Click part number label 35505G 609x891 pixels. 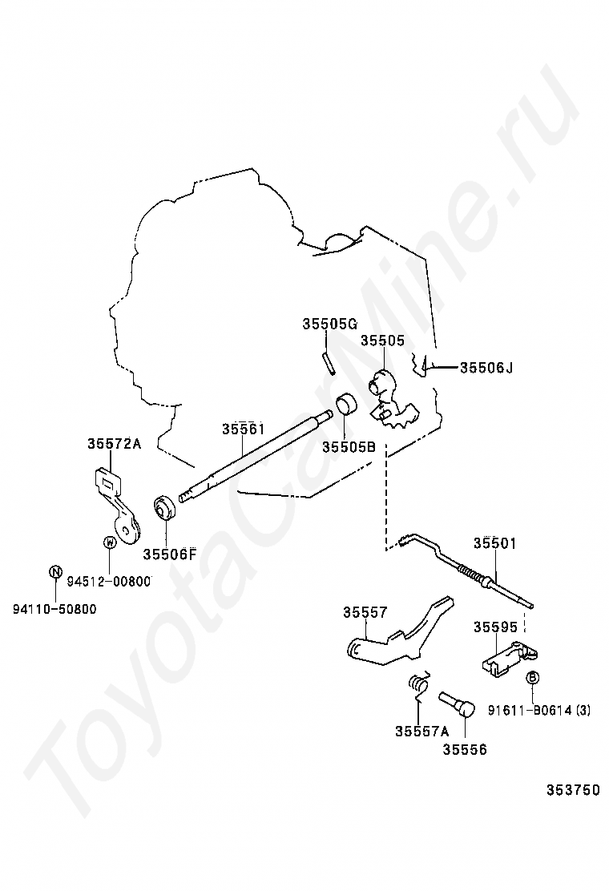329,324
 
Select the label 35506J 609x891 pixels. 486,368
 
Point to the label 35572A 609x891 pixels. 114,443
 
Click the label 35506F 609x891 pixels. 170,554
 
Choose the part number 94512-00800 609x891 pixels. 108,582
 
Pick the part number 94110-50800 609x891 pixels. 54,609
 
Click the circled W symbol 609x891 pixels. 109,543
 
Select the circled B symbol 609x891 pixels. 532,678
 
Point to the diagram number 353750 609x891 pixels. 573,790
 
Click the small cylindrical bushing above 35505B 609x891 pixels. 346,405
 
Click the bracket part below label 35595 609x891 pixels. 508,659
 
